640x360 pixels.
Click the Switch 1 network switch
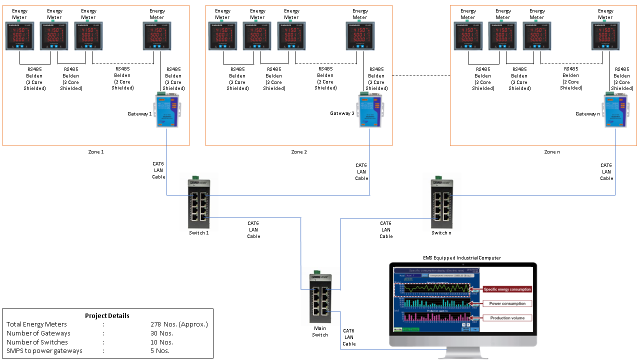pyautogui.click(x=199, y=204)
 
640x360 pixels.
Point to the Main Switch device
pyautogui.click(x=320, y=300)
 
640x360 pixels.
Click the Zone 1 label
pyautogui.click(x=95, y=151)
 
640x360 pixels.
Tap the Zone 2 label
pyautogui.click(x=298, y=151)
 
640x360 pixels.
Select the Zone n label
pyautogui.click(x=552, y=151)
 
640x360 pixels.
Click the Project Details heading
pyautogui.click(x=107, y=315)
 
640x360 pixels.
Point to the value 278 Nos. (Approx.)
pyautogui.click(x=179, y=324)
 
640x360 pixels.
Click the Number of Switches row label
pyautogui.click(x=37, y=342)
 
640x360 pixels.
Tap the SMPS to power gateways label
pyautogui.click(x=44, y=351)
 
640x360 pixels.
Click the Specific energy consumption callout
pyautogui.click(x=507, y=289)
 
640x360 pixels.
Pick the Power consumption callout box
pyautogui.click(x=507, y=303)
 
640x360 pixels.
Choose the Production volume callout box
pyautogui.click(x=507, y=318)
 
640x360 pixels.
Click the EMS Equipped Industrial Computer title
pyautogui.click(x=461, y=258)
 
